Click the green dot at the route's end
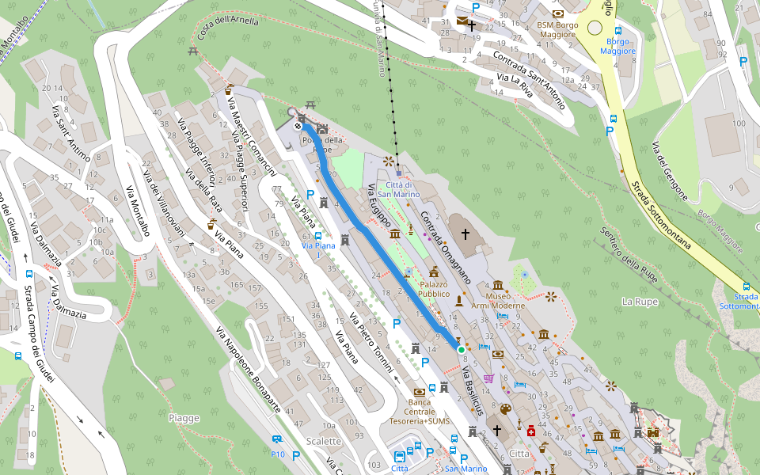(x=461, y=348)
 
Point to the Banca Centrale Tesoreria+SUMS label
(x=420, y=411)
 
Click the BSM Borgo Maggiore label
(x=557, y=29)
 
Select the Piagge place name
(x=184, y=418)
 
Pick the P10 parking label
(x=277, y=454)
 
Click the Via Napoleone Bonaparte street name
(x=248, y=369)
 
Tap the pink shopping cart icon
(x=488, y=378)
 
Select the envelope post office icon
(x=462, y=21)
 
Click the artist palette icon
(x=503, y=409)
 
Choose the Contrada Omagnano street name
(x=446, y=247)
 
